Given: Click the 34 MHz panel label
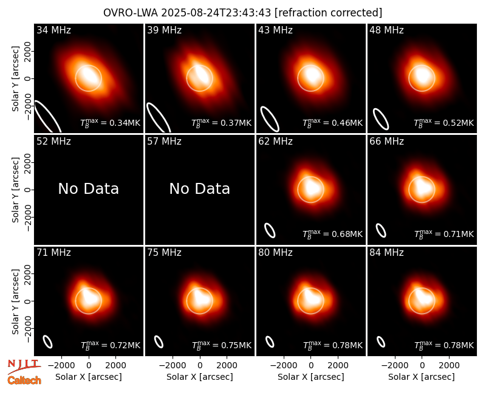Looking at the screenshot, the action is [x=53, y=30].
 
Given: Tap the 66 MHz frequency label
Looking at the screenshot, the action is [x=386, y=142].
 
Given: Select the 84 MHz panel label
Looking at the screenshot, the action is [x=386, y=253].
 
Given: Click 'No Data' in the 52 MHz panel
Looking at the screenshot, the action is [x=89, y=189].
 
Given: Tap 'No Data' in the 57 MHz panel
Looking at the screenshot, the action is [x=200, y=189].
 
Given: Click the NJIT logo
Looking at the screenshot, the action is [x=24, y=366].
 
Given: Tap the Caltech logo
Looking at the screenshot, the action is [x=24, y=380].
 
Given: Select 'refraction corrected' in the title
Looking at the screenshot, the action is [x=329, y=13].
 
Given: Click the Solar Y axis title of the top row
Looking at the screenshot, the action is [x=15, y=79].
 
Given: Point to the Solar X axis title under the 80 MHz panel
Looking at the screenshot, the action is [x=311, y=377].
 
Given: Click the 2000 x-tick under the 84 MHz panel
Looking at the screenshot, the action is [x=450, y=366].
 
